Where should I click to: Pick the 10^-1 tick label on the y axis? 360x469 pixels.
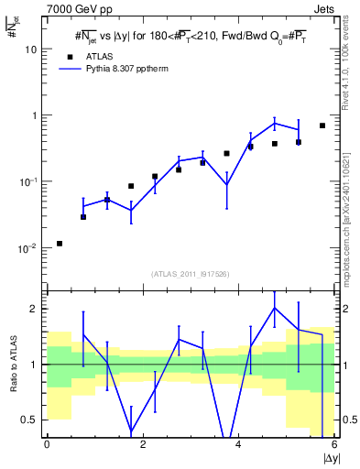(x=28, y=181)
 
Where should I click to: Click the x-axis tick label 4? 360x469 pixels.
(x=238, y=444)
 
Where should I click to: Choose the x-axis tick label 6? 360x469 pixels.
(x=334, y=444)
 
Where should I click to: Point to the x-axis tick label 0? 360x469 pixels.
(x=47, y=444)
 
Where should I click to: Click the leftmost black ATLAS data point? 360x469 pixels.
(x=60, y=244)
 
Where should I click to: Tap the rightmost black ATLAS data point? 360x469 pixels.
(x=322, y=125)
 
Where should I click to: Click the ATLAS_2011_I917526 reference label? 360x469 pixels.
(x=189, y=274)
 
